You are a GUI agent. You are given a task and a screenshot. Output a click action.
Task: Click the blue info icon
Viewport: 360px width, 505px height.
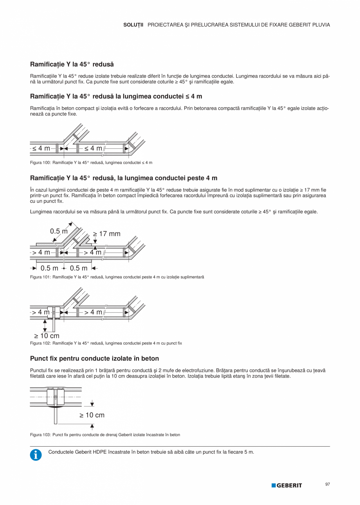36,454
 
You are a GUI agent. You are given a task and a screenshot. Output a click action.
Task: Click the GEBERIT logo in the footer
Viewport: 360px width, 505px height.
287,485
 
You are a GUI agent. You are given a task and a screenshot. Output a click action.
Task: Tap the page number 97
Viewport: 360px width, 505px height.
328,484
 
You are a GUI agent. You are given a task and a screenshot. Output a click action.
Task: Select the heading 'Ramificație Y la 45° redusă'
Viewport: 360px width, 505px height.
72,64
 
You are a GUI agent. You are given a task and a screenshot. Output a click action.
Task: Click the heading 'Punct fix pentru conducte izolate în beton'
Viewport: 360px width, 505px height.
94,358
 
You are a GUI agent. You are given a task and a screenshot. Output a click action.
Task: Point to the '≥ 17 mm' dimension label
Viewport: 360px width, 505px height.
107,234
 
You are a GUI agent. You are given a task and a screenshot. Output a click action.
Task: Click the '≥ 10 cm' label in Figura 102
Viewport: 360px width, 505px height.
47,335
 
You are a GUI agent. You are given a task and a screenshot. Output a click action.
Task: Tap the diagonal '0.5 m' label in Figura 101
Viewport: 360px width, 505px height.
59,231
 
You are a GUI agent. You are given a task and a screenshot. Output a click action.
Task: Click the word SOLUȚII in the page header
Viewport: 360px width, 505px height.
133,25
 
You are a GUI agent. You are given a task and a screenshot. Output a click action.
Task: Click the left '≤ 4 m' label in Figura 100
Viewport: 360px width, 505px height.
41,148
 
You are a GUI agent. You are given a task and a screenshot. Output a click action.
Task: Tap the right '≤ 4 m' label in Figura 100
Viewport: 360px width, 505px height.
93,148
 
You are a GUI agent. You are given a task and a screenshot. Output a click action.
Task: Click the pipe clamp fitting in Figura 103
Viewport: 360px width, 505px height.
56,397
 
